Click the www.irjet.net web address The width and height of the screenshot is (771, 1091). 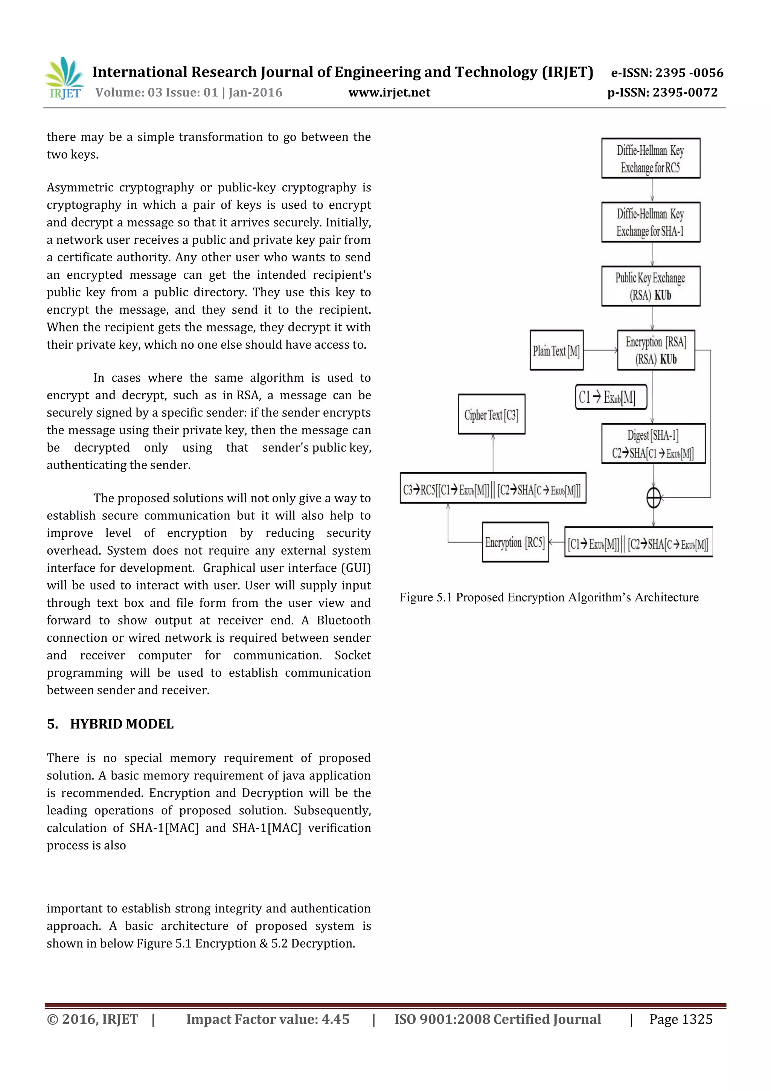coord(389,93)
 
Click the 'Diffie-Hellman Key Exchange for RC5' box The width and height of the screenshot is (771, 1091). coord(650,158)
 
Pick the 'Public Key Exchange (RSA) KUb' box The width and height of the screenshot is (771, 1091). coord(650,286)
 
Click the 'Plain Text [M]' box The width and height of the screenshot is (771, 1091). coord(556,351)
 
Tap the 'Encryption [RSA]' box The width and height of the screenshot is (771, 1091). coord(655,350)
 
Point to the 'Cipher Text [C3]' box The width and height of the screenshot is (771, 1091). coord(491,414)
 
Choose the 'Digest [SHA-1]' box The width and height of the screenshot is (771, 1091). coord(653,444)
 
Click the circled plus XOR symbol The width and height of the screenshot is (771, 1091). coord(654,498)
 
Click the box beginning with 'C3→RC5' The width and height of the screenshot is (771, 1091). coord(493,488)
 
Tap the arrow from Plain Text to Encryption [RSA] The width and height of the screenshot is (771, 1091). coord(600,350)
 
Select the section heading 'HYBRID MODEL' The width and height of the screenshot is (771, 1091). coord(122,724)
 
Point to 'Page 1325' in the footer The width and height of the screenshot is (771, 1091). coord(681,1019)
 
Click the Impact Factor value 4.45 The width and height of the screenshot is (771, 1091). coord(335,1019)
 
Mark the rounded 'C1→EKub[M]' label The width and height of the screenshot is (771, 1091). coord(610,397)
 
